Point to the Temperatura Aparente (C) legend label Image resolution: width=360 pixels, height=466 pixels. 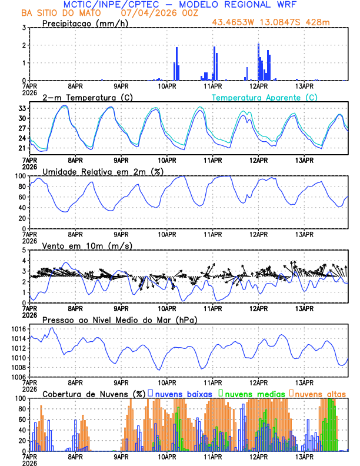click(x=265, y=98)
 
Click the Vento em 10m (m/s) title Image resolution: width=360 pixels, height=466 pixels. click(x=79, y=245)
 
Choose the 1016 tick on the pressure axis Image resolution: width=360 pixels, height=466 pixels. click(x=18, y=329)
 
